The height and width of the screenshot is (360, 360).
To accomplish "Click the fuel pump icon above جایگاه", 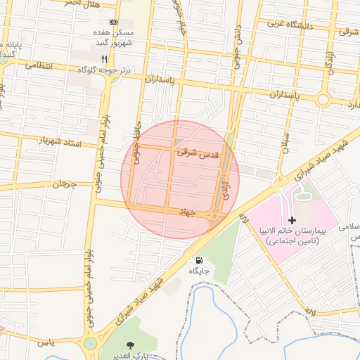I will tap(199, 260).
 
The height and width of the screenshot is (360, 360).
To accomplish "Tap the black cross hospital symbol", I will tap(292, 221).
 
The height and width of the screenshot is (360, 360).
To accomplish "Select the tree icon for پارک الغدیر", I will tap(129, 345).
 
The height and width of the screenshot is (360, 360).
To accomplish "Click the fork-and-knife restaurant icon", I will tap(105, 58).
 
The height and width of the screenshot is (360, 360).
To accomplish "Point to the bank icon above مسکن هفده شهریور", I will tap(114, 22).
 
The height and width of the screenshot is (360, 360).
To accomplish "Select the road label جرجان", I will tap(63, 185).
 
